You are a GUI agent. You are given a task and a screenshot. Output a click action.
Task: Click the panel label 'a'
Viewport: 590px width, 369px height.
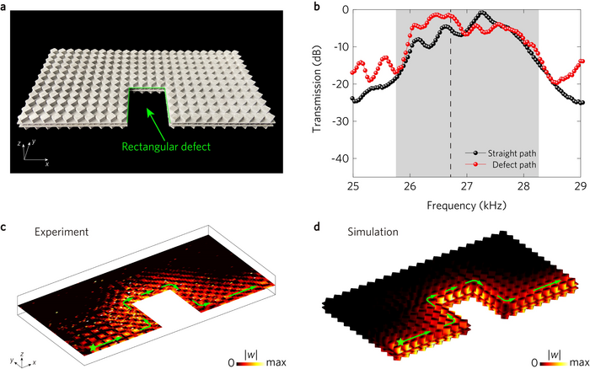coord(5,6)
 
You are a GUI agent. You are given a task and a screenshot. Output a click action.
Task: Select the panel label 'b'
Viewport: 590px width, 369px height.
coord(318,6)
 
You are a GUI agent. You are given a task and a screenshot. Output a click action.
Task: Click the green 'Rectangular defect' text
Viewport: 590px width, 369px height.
coord(166,147)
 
